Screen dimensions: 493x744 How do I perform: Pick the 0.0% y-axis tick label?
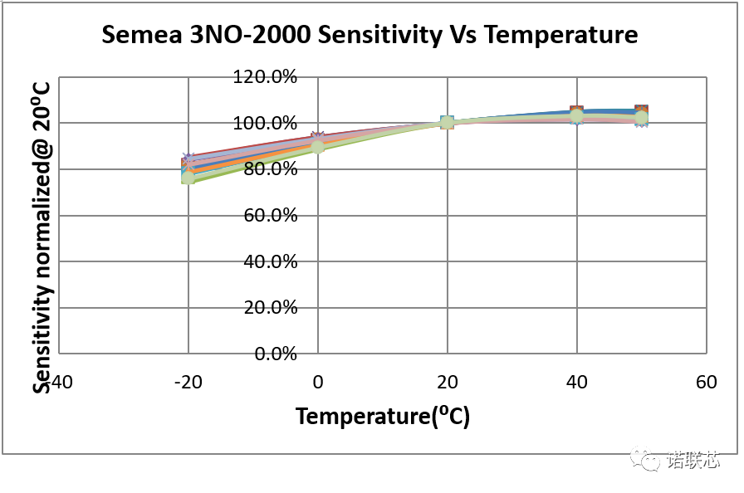(276, 354)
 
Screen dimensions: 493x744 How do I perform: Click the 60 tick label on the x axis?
(706, 383)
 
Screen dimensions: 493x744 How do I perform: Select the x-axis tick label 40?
(576, 383)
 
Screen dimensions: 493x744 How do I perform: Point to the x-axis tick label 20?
(447, 383)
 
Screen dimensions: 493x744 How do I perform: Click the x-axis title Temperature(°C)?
(383, 416)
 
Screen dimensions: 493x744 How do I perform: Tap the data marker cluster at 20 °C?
(448, 123)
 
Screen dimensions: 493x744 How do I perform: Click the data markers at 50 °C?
(641, 116)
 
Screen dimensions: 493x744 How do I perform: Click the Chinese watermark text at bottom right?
(693, 459)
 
